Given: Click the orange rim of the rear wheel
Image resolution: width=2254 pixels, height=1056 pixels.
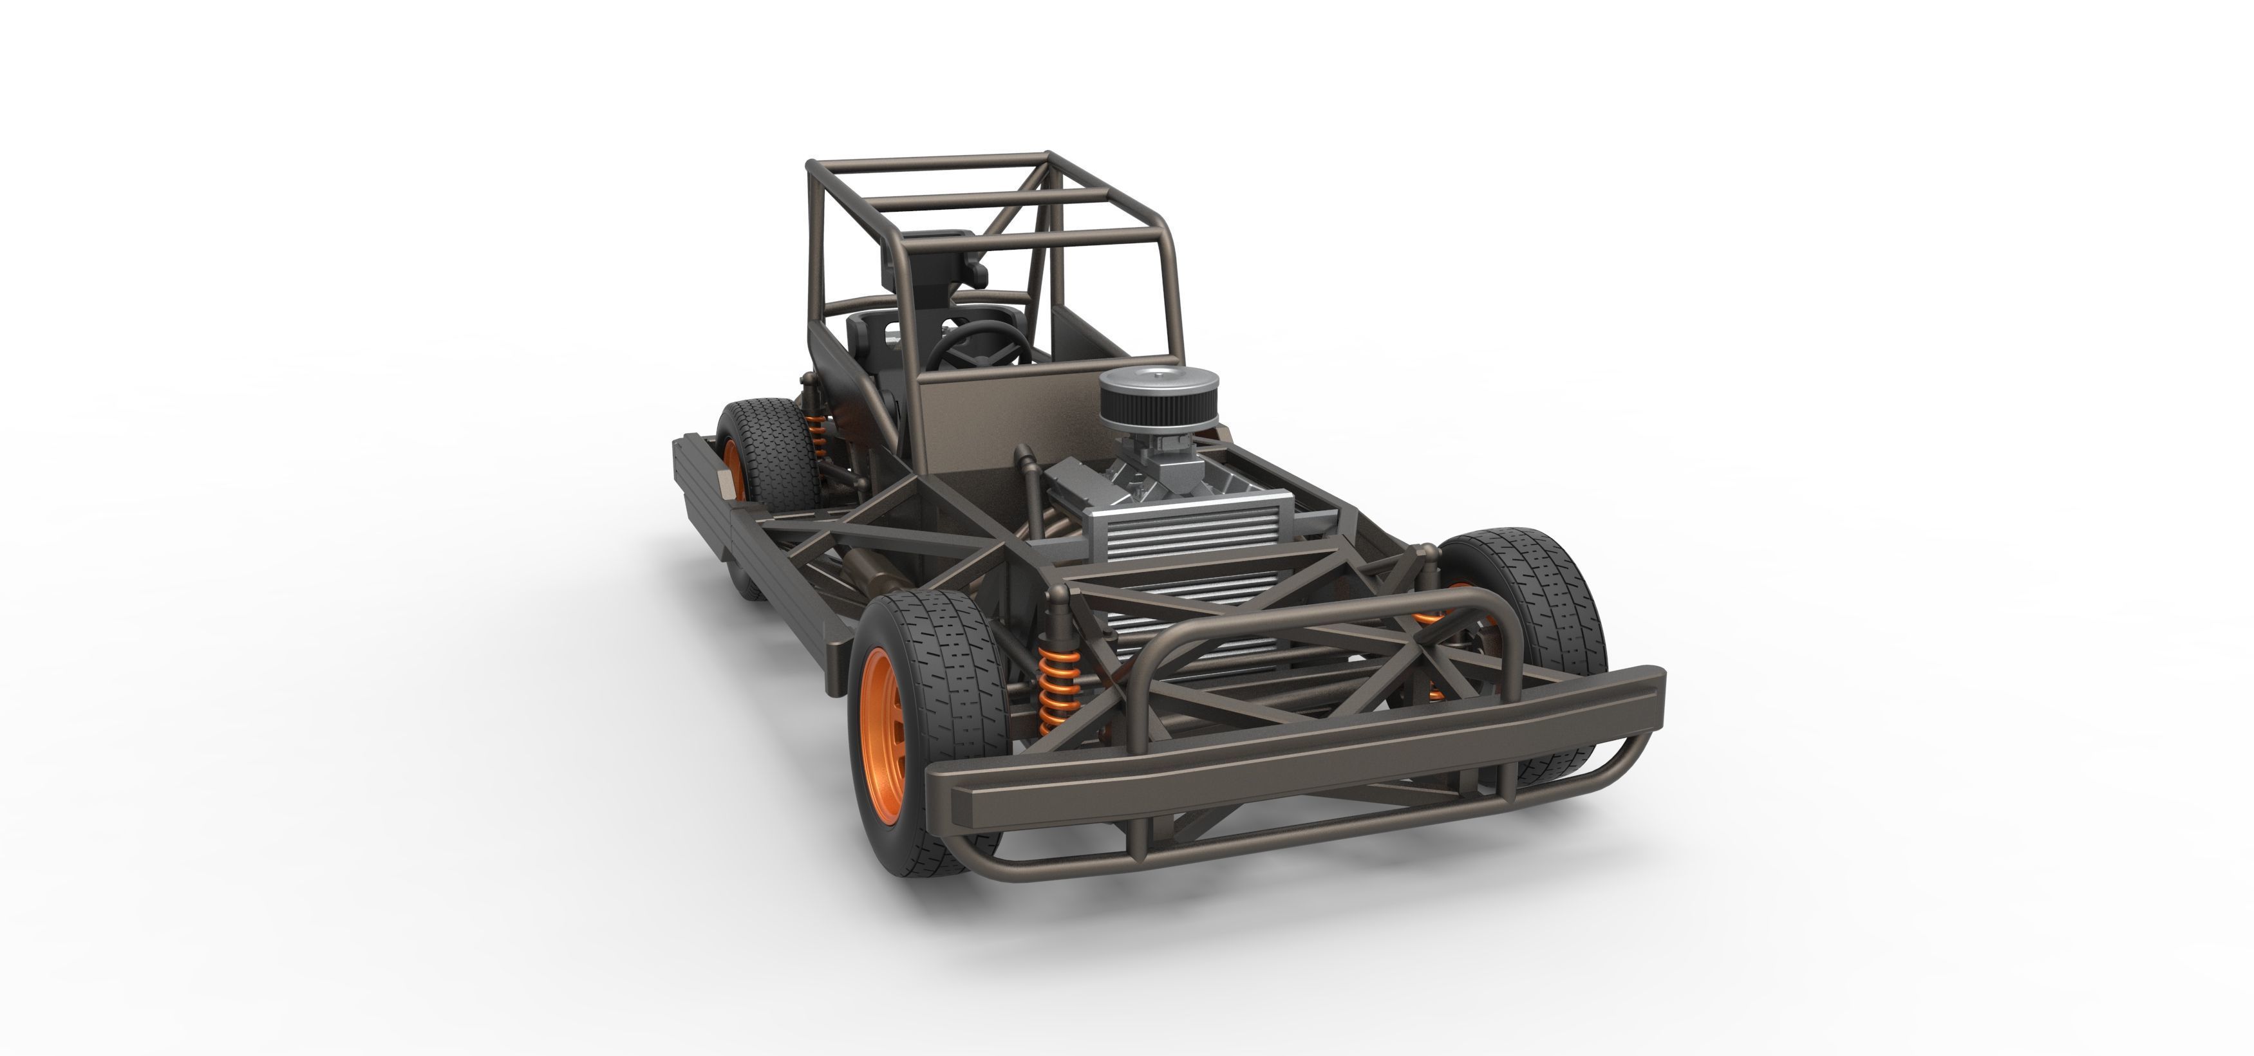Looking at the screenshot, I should pyautogui.click(x=733, y=468).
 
